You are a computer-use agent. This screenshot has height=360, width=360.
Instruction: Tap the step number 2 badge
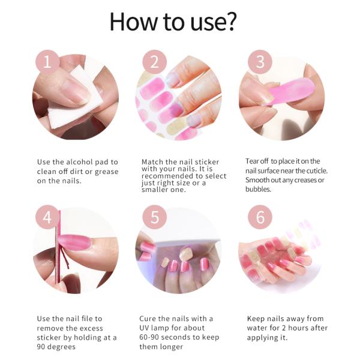pos(155,62)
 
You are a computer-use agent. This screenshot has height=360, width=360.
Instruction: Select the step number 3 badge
pos(260,62)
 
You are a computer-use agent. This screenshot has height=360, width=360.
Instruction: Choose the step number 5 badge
pos(155,218)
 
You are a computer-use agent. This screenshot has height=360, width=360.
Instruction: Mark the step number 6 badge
pos(260,218)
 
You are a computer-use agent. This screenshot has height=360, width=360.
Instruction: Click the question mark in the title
pos(231,23)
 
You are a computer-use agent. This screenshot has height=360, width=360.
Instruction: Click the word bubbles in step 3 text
pos(258,189)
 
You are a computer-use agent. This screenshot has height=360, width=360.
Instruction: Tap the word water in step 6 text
pos(258,328)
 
